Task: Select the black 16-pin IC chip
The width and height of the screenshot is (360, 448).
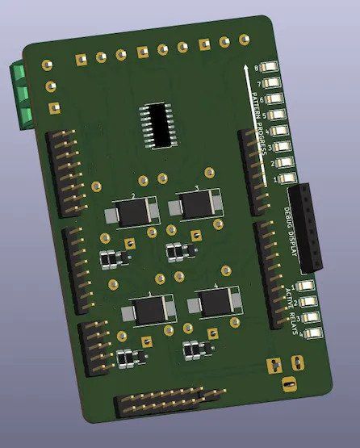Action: coord(160,125)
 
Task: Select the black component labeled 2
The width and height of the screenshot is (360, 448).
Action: coord(130,213)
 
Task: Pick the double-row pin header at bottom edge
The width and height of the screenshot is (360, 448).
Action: coord(168,400)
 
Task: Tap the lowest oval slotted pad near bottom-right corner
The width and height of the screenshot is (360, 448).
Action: coord(289,385)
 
